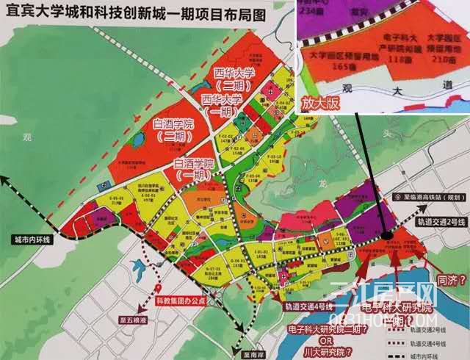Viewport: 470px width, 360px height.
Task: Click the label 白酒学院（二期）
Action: [173, 130]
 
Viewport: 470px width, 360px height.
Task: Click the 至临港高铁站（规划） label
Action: [427, 196]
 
